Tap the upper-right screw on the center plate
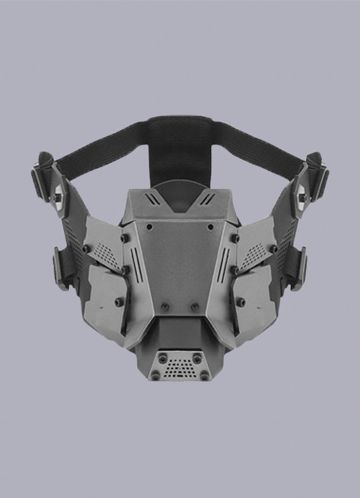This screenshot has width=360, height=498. click(209, 227)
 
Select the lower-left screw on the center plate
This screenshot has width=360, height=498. click(164, 306)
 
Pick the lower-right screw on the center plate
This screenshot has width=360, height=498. click(194, 306)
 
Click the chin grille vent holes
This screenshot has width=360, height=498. click(179, 366)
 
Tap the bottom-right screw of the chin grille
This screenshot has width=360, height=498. click(204, 376)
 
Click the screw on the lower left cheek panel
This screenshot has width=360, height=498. click(118, 302)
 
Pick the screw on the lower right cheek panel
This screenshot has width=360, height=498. click(240, 302)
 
